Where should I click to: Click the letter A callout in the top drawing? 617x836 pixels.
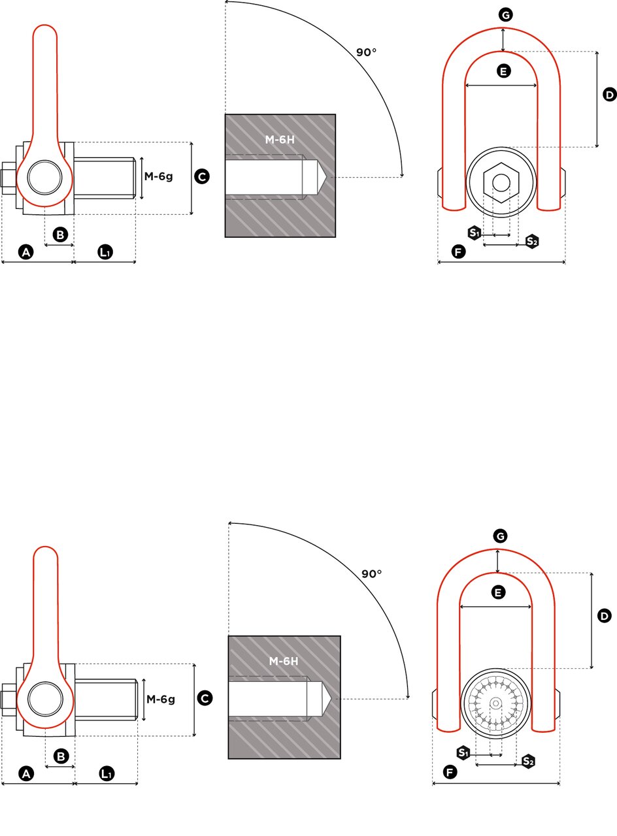click(25, 252)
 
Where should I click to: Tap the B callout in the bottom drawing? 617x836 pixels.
click(61, 756)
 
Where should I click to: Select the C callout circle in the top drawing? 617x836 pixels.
click(202, 176)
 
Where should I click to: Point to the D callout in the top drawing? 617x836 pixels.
click(610, 95)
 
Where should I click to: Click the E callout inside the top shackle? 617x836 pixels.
click(503, 71)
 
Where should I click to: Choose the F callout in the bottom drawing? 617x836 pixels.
click(450, 772)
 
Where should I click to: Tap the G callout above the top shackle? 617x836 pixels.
click(505, 15)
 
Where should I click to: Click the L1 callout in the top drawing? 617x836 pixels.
click(105, 252)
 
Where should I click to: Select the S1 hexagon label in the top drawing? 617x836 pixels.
click(474, 233)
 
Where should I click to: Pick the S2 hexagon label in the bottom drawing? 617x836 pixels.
click(528, 762)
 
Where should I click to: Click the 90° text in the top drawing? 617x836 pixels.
click(366, 52)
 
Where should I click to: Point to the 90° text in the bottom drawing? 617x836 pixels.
click(372, 573)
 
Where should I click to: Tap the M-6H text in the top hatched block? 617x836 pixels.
click(280, 140)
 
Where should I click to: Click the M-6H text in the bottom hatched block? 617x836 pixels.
click(284, 662)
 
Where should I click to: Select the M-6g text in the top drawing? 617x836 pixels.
click(159, 176)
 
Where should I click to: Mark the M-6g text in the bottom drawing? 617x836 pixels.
click(161, 699)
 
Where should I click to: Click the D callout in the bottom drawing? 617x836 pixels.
click(605, 616)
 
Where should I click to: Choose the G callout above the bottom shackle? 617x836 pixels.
click(500, 536)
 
